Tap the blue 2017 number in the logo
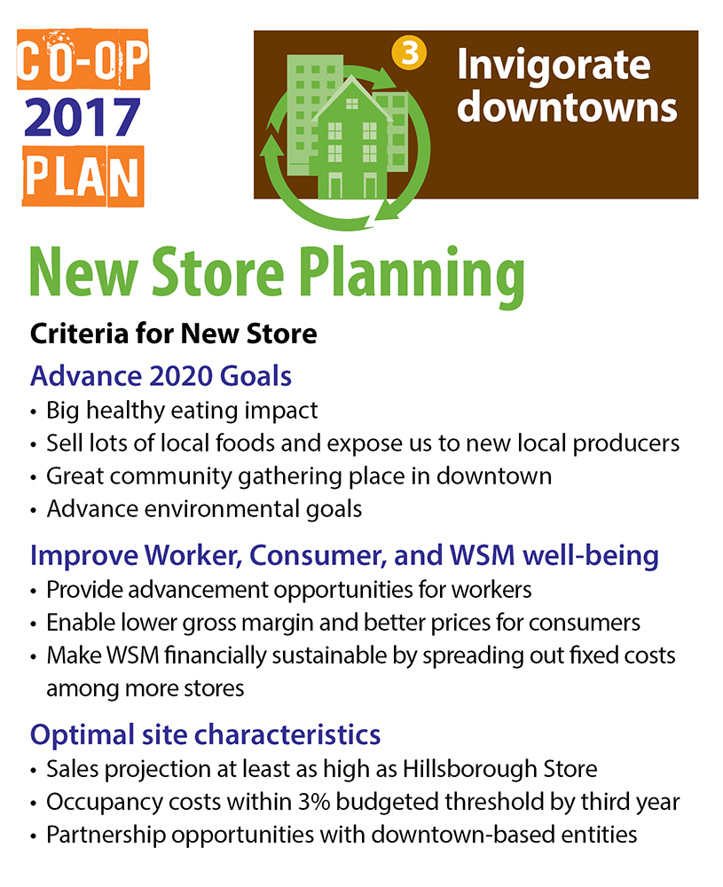[82, 120]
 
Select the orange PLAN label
[82, 176]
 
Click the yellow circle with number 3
[408, 55]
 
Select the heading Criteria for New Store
[173, 334]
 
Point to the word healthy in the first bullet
[124, 411]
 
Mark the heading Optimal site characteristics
[206, 734]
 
